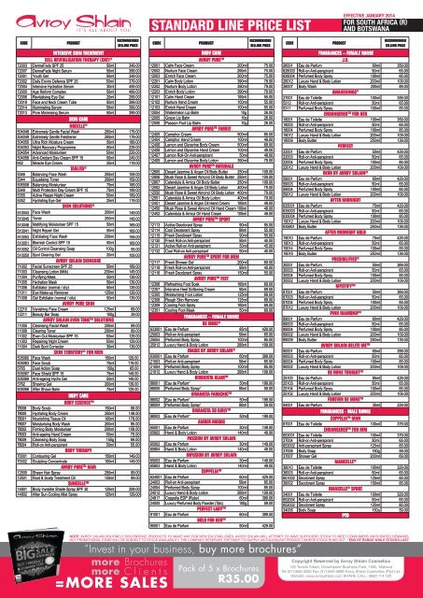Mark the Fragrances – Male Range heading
point(351,434)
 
